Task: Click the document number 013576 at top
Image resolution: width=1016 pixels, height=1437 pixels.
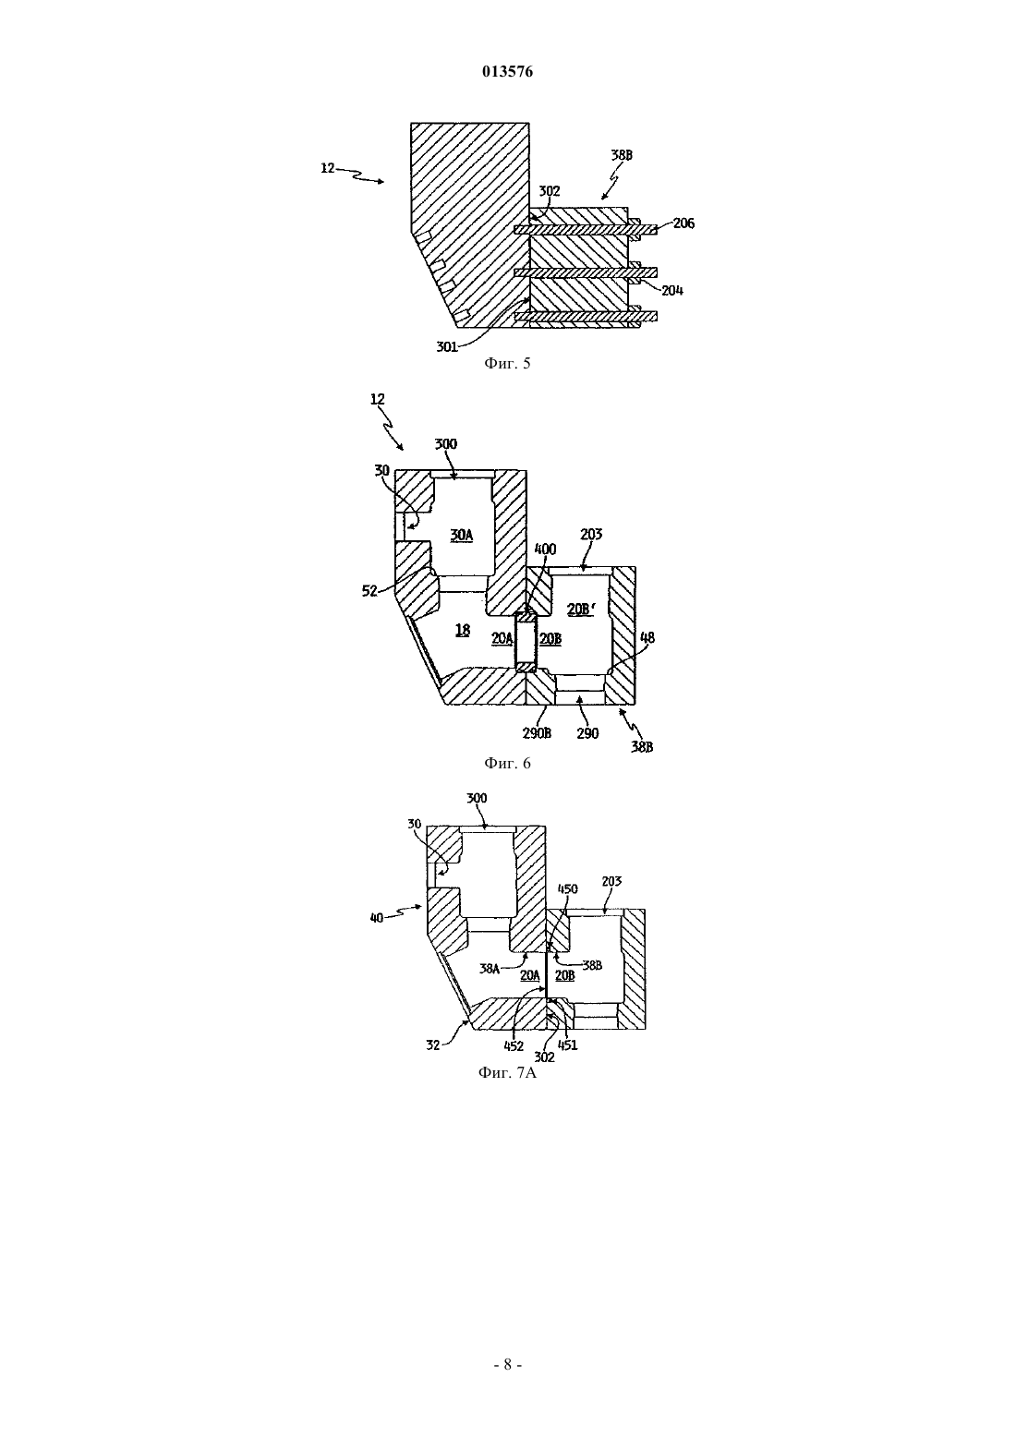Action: click(x=507, y=72)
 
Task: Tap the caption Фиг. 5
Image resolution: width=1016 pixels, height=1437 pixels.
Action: click(x=507, y=364)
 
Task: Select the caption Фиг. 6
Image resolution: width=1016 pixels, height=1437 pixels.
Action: click(x=507, y=763)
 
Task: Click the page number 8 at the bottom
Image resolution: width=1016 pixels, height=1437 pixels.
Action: click(x=507, y=1365)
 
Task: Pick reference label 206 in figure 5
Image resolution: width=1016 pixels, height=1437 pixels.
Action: click(x=683, y=223)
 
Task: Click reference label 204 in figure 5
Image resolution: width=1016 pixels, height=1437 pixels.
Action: click(x=672, y=290)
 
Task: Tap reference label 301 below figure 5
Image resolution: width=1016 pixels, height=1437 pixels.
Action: click(x=447, y=346)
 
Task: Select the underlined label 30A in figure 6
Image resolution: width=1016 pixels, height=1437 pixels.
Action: click(x=461, y=535)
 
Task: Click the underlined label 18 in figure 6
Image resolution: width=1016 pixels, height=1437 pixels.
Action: click(x=463, y=630)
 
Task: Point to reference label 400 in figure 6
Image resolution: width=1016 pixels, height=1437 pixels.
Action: click(x=545, y=549)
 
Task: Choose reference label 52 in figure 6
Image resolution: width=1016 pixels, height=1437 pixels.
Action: click(x=369, y=591)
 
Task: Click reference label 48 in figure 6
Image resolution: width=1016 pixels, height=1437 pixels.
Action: click(x=647, y=637)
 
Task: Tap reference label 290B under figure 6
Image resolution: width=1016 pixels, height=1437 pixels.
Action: click(x=536, y=732)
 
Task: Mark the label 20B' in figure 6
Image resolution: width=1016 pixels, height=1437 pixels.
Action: click(x=579, y=609)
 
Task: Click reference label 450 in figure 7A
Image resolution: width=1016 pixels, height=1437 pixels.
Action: click(x=568, y=889)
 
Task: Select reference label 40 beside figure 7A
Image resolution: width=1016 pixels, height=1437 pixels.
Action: click(x=377, y=918)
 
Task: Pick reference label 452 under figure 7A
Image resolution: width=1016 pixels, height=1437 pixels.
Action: click(x=514, y=1046)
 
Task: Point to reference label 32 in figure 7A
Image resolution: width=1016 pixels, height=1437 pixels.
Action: click(x=433, y=1045)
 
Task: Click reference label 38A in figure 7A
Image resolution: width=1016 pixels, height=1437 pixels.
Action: click(x=490, y=969)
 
